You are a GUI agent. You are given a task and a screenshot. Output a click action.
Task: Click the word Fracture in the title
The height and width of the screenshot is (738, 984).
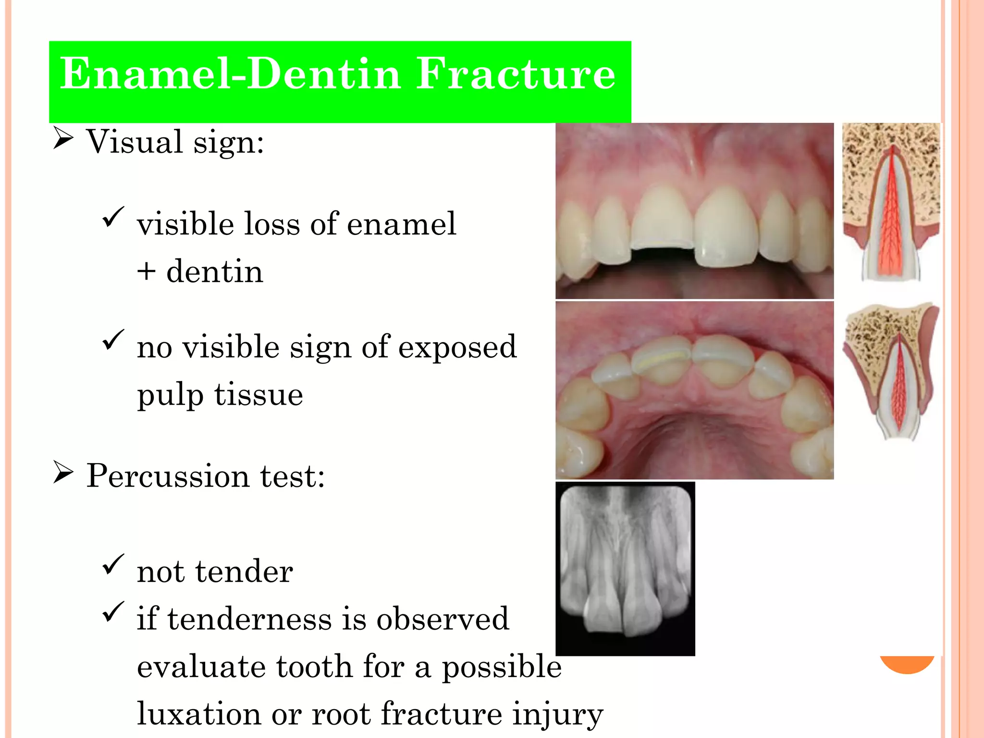(x=515, y=74)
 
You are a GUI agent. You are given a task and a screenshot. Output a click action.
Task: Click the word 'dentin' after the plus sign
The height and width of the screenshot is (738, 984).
(x=215, y=272)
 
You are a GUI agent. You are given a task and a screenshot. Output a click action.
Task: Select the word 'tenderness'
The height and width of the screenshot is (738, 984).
(x=249, y=619)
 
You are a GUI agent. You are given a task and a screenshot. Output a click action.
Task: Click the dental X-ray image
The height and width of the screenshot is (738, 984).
(x=625, y=569)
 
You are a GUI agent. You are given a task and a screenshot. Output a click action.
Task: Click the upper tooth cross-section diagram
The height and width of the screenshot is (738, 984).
(x=891, y=202)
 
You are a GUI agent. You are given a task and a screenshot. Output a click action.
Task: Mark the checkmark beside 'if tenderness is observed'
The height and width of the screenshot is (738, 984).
(x=113, y=612)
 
